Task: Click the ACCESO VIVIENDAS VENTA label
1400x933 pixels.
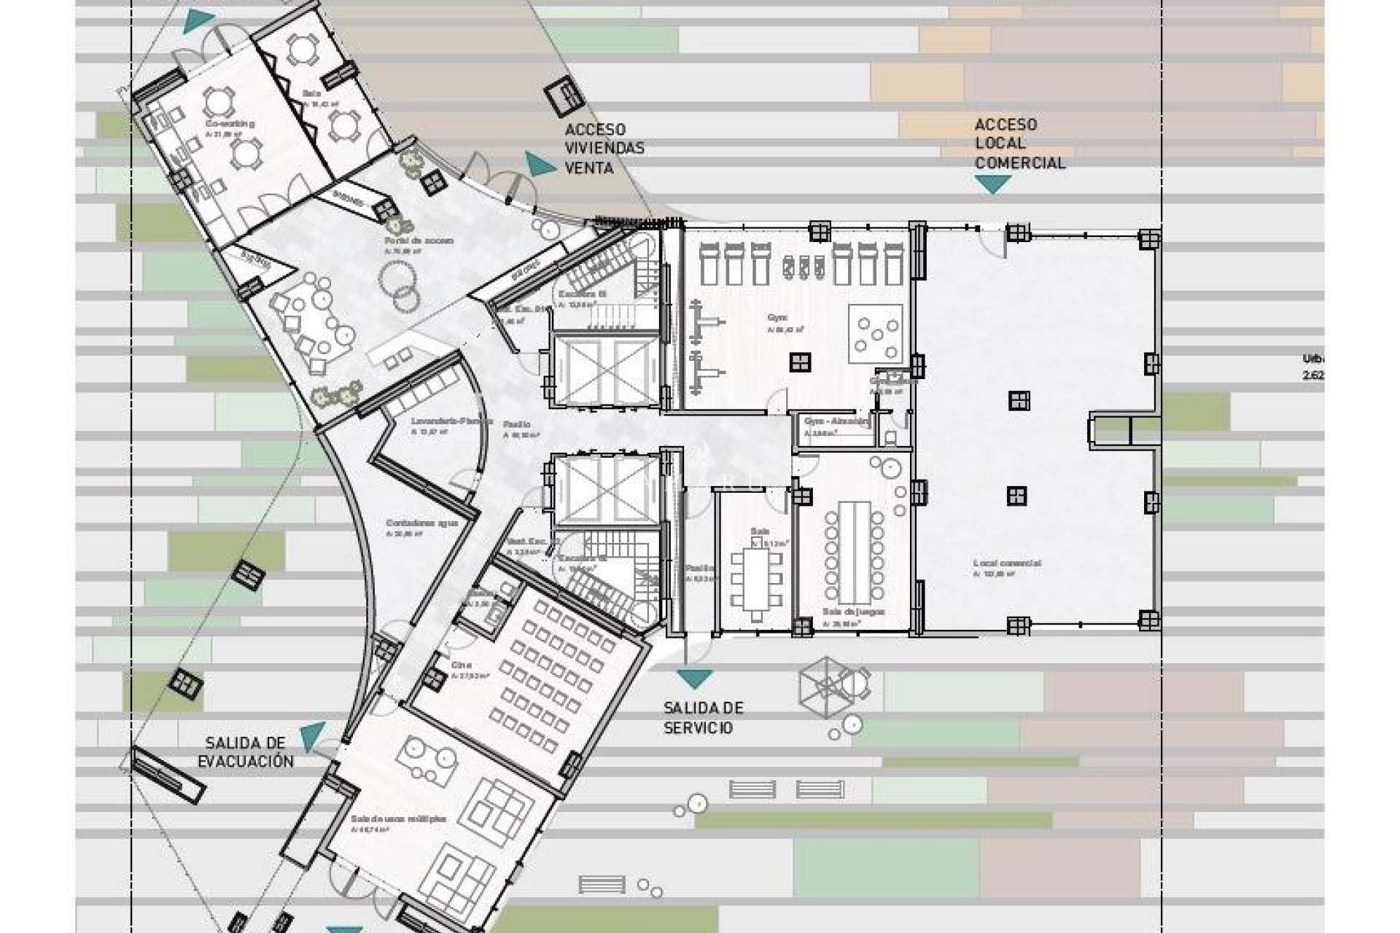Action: pos(604,149)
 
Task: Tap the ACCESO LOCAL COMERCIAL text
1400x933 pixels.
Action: pos(1019,144)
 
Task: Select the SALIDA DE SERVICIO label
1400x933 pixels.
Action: pos(703,718)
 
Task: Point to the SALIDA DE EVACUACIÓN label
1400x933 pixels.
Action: pos(249,752)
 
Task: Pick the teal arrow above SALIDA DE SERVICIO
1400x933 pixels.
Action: pos(694,679)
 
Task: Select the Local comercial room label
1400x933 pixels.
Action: pos(1006,563)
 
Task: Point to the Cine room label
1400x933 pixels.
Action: pos(461,665)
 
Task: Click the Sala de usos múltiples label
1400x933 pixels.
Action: pos(397,819)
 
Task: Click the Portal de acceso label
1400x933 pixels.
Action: pos(419,241)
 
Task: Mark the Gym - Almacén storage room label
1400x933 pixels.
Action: pos(836,421)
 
